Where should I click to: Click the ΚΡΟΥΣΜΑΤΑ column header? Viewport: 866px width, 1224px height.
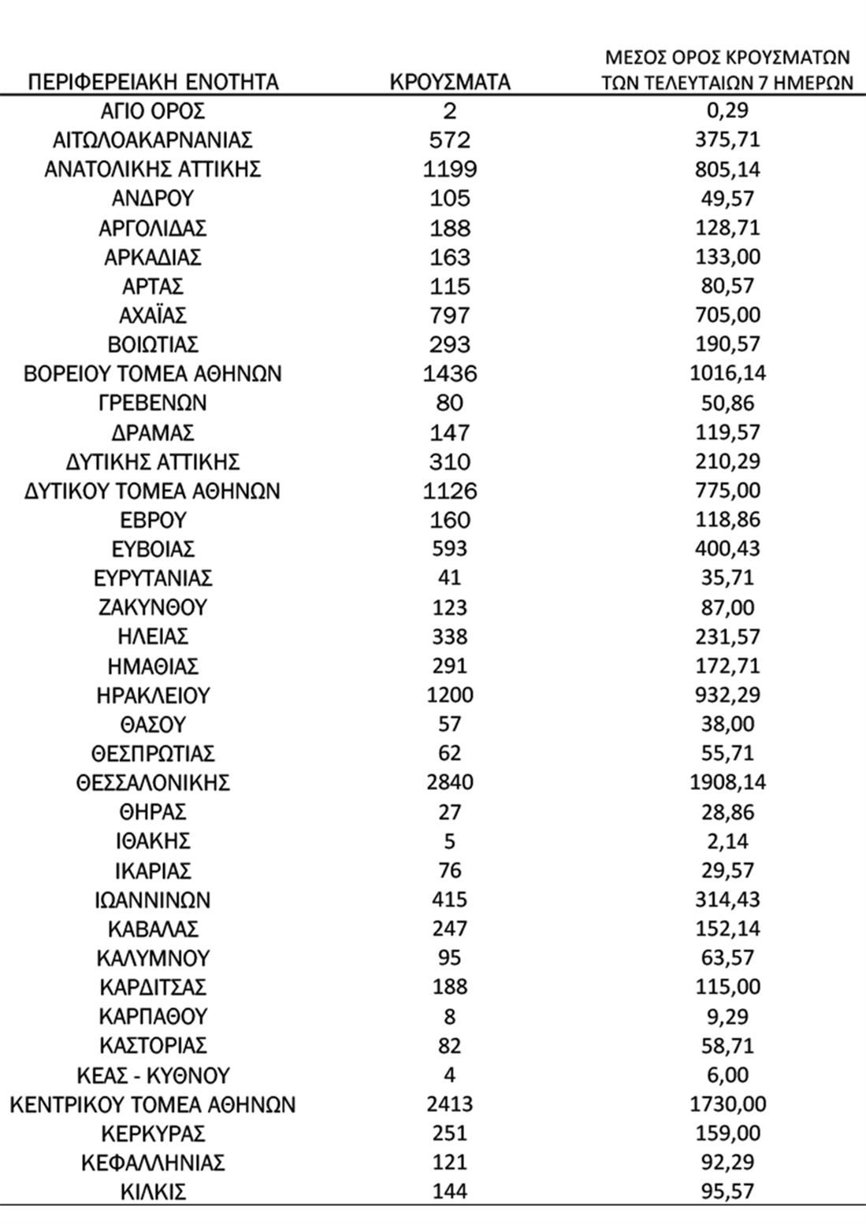tap(450, 82)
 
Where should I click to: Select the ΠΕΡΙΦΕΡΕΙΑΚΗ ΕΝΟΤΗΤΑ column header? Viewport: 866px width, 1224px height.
tap(153, 82)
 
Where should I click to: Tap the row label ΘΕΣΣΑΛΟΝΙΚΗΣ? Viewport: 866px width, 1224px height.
tap(153, 783)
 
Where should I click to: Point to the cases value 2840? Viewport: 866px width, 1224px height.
tap(450, 783)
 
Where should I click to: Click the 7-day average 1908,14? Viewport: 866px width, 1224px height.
tap(727, 783)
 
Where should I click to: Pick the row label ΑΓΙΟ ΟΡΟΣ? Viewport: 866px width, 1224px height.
tap(153, 111)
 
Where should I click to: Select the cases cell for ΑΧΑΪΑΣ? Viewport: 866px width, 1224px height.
tap(450, 316)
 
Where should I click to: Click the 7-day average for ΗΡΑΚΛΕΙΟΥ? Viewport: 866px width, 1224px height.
tap(727, 695)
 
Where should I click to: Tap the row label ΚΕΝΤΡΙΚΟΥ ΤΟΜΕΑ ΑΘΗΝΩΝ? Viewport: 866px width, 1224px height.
tap(153, 1104)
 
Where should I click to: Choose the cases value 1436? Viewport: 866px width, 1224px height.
tap(450, 374)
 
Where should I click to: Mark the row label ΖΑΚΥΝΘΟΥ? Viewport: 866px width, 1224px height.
tap(153, 608)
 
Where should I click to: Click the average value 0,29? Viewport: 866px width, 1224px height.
tap(727, 111)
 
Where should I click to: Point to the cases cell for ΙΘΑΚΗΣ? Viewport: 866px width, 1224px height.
tap(450, 841)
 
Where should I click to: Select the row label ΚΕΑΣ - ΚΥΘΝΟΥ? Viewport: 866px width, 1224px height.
tap(153, 1075)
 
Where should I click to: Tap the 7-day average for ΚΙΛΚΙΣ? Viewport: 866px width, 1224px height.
tap(727, 1192)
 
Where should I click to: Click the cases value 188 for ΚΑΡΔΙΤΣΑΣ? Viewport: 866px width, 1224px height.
tap(450, 987)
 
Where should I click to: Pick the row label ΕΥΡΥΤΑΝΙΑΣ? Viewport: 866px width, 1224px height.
tap(153, 579)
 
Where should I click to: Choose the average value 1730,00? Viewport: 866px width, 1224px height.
tap(727, 1104)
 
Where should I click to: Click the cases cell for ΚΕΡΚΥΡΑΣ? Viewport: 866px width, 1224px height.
tap(450, 1133)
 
